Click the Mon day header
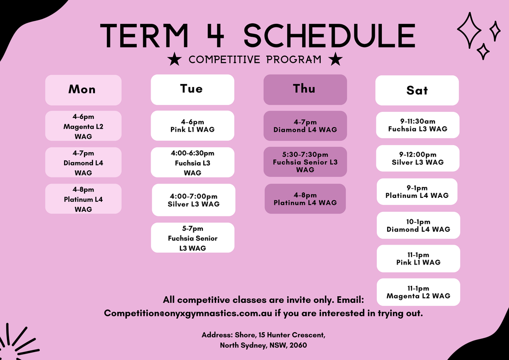pos(83,90)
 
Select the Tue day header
pos(192,90)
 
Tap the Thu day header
pos(305,90)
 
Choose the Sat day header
pos(417,90)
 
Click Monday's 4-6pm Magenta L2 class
pos(83,126)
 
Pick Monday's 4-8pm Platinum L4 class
pos(83,199)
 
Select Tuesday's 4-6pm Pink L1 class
pos(192,126)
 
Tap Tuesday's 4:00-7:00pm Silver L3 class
pos(193,200)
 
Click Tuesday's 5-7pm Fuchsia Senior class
pos(192,238)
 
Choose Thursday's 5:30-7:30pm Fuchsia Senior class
pos(305,162)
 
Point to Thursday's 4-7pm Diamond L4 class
pos(305,126)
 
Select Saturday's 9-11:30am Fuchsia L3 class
pos(418,125)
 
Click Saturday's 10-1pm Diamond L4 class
pos(419,225)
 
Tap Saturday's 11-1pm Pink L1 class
pos(419,259)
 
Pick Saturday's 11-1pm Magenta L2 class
pos(419,292)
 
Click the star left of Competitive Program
pos(174,59)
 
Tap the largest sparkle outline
pos(469,30)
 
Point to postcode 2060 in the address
pos(298,345)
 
